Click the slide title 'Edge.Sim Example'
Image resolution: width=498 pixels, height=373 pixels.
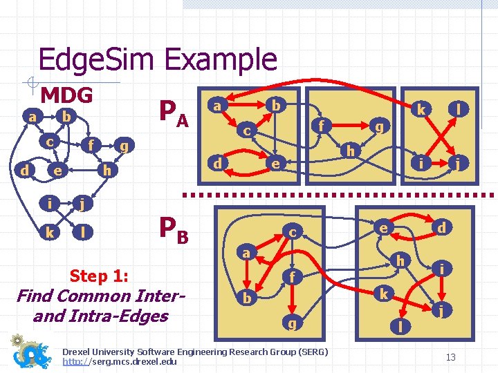(x=158, y=59)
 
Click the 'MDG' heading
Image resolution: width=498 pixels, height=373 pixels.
(x=66, y=94)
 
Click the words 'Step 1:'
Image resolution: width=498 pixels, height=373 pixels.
(x=99, y=276)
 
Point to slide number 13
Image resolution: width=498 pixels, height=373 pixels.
(x=450, y=356)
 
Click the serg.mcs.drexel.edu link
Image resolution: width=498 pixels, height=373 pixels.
(x=119, y=361)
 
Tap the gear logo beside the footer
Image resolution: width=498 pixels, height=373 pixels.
(x=32, y=352)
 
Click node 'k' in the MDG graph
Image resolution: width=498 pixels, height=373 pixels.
(x=50, y=233)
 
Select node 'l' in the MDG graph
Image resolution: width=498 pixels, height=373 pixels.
(x=84, y=233)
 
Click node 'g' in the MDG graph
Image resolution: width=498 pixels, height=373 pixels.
(x=124, y=146)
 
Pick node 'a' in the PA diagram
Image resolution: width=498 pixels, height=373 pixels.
(x=216, y=106)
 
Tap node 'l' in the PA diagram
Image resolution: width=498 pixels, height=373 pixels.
(x=458, y=108)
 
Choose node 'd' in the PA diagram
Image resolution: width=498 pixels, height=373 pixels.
(x=218, y=164)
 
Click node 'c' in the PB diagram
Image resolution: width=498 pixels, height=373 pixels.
(x=293, y=233)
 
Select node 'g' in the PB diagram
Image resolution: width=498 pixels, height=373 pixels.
(x=293, y=323)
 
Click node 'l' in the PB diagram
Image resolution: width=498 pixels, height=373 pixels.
(x=398, y=325)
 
